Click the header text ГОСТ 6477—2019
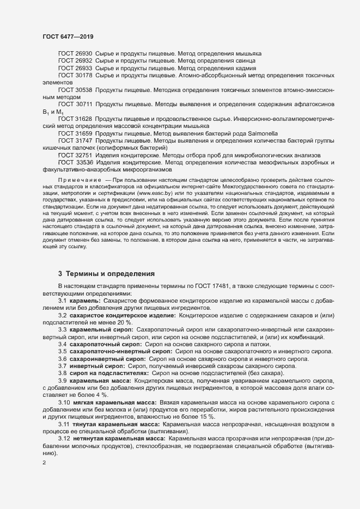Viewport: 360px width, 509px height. click(x=67, y=36)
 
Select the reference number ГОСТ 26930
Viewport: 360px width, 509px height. click(x=75, y=54)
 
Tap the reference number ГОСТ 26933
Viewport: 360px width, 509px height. click(x=75, y=69)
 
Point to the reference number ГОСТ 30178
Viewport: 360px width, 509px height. click(x=75, y=76)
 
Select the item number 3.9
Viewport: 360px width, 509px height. click(x=63, y=381)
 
